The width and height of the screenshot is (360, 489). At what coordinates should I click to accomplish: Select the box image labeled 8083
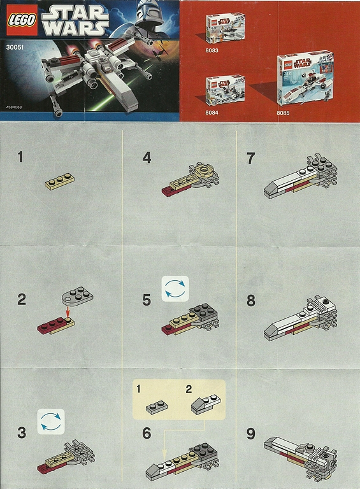[x=224, y=30]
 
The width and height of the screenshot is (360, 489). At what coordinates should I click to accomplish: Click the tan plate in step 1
[x=59, y=181]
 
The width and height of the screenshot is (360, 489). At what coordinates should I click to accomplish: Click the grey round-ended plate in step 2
[x=76, y=295]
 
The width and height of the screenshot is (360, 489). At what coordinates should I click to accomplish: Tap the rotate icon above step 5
[x=175, y=288]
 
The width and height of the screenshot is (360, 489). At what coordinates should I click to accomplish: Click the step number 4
[x=147, y=157]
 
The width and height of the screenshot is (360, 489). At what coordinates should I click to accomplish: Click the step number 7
[x=250, y=158]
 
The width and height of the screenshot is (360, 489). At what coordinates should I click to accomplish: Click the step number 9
[x=250, y=434]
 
